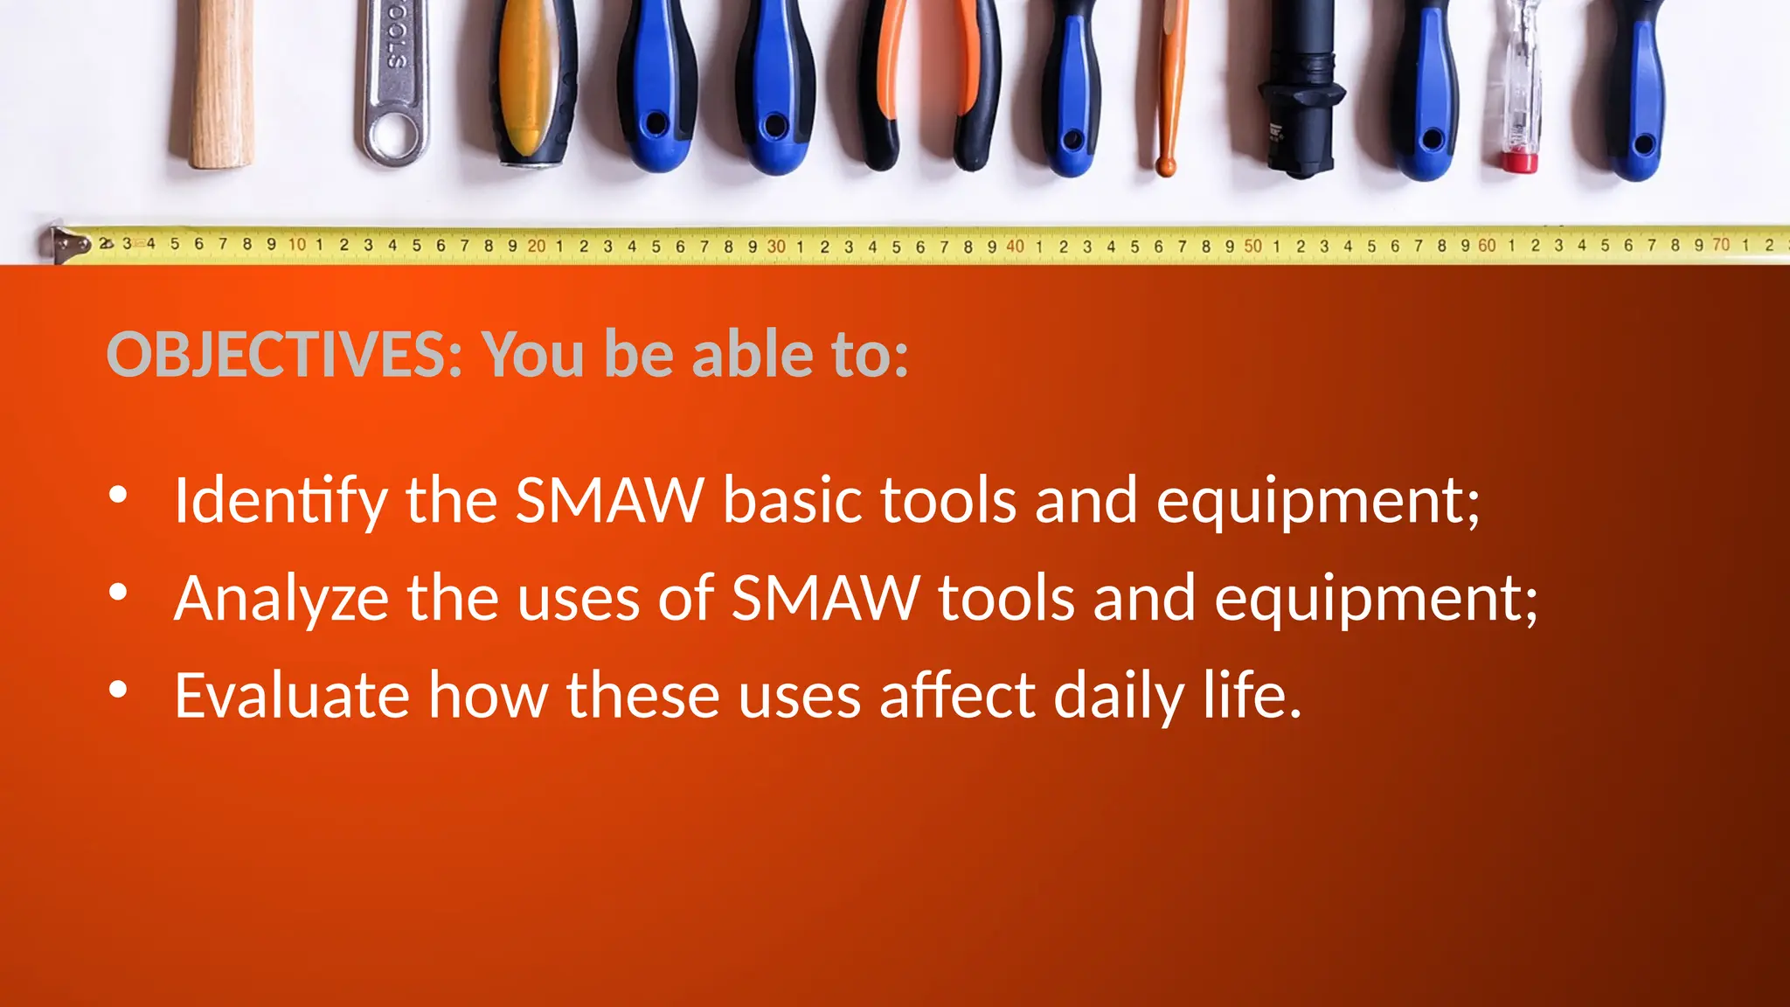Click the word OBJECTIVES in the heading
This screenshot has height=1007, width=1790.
tap(283, 355)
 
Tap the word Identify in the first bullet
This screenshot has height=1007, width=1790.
tap(280, 501)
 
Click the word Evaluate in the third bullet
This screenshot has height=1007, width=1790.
tap(292, 696)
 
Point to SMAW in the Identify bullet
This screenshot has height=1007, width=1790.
tap(609, 501)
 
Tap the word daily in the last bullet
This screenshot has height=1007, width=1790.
tap(1119, 698)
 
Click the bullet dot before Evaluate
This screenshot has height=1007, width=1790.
tap(118, 690)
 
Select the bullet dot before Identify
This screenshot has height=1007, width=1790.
tap(118, 496)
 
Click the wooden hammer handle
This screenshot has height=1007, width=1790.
tap(222, 87)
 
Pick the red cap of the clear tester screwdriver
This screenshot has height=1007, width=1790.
tap(1520, 162)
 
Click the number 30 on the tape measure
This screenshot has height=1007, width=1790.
tap(776, 247)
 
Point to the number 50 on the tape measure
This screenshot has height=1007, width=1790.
tap(1252, 247)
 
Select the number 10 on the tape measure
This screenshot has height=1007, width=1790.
tap(297, 245)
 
